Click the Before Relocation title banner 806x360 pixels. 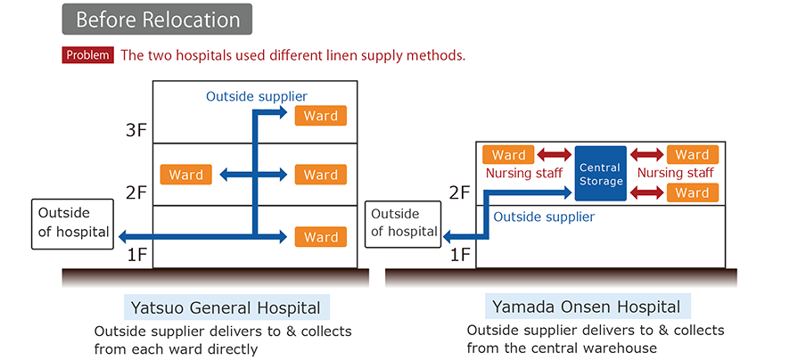[x=157, y=19]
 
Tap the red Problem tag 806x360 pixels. [x=87, y=55]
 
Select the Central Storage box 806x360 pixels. [x=600, y=174]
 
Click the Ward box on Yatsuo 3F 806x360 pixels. [x=320, y=117]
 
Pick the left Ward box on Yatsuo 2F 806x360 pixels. [x=186, y=175]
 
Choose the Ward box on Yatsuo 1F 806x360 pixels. [x=320, y=237]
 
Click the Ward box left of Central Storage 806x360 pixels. [x=509, y=155]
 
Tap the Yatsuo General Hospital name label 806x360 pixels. [x=226, y=308]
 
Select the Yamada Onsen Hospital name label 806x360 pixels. [x=586, y=307]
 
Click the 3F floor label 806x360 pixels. [x=136, y=131]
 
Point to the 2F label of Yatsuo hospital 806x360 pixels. [x=136, y=193]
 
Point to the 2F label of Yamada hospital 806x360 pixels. [x=459, y=193]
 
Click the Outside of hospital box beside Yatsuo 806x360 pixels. [x=74, y=224]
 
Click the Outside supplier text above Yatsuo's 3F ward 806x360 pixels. [x=257, y=95]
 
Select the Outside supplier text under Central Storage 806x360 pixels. [x=544, y=216]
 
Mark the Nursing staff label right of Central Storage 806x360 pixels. [x=675, y=173]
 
